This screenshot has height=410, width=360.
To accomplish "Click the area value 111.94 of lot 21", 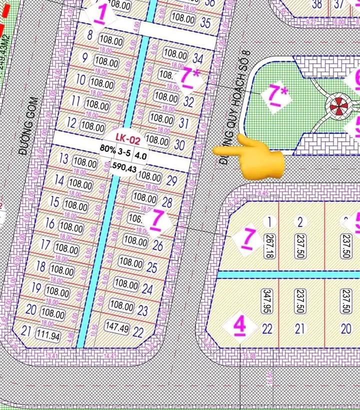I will (x=47, y=335).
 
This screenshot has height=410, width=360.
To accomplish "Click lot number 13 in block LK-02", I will (x=63, y=159).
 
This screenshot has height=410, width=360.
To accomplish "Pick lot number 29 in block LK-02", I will (x=171, y=180).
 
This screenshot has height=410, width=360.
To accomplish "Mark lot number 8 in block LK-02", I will (x=90, y=35).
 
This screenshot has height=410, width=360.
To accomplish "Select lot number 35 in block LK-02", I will (x=205, y=23).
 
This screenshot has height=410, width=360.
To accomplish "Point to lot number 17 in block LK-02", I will (x=45, y=245).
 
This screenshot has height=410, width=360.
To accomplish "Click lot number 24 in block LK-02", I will (x=147, y=289).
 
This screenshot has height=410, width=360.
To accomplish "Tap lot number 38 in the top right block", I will (x=316, y=5).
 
